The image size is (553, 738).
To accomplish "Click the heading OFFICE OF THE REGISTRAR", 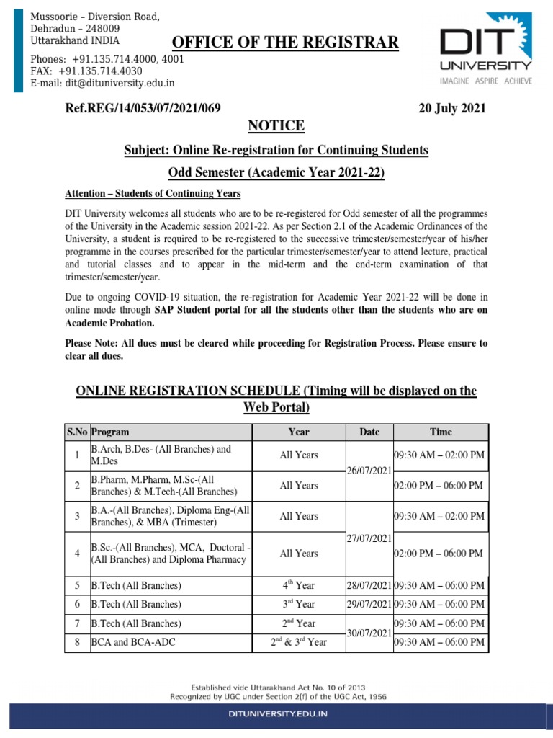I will tap(285, 43).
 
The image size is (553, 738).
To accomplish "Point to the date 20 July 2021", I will tap(452, 109).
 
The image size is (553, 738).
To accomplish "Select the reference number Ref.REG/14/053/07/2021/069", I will tap(143, 109).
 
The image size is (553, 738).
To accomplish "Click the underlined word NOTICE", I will tap(276, 127).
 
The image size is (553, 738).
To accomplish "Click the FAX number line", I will tap(86, 71).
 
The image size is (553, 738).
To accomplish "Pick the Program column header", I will tap(110, 432).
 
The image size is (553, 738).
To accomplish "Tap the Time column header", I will tap(441, 432).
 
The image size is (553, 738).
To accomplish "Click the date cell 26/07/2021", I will tap(369, 471).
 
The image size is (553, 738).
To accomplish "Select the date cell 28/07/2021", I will tap(369, 584).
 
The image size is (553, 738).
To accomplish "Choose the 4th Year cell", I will tap(298, 584).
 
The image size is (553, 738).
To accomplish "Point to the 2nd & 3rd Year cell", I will tap(298, 641).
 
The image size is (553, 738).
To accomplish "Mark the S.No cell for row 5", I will tap(77, 584).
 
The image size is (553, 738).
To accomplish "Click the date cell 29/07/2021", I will tap(369, 604).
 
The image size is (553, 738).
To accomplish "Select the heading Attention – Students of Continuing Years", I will tap(153, 194).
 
